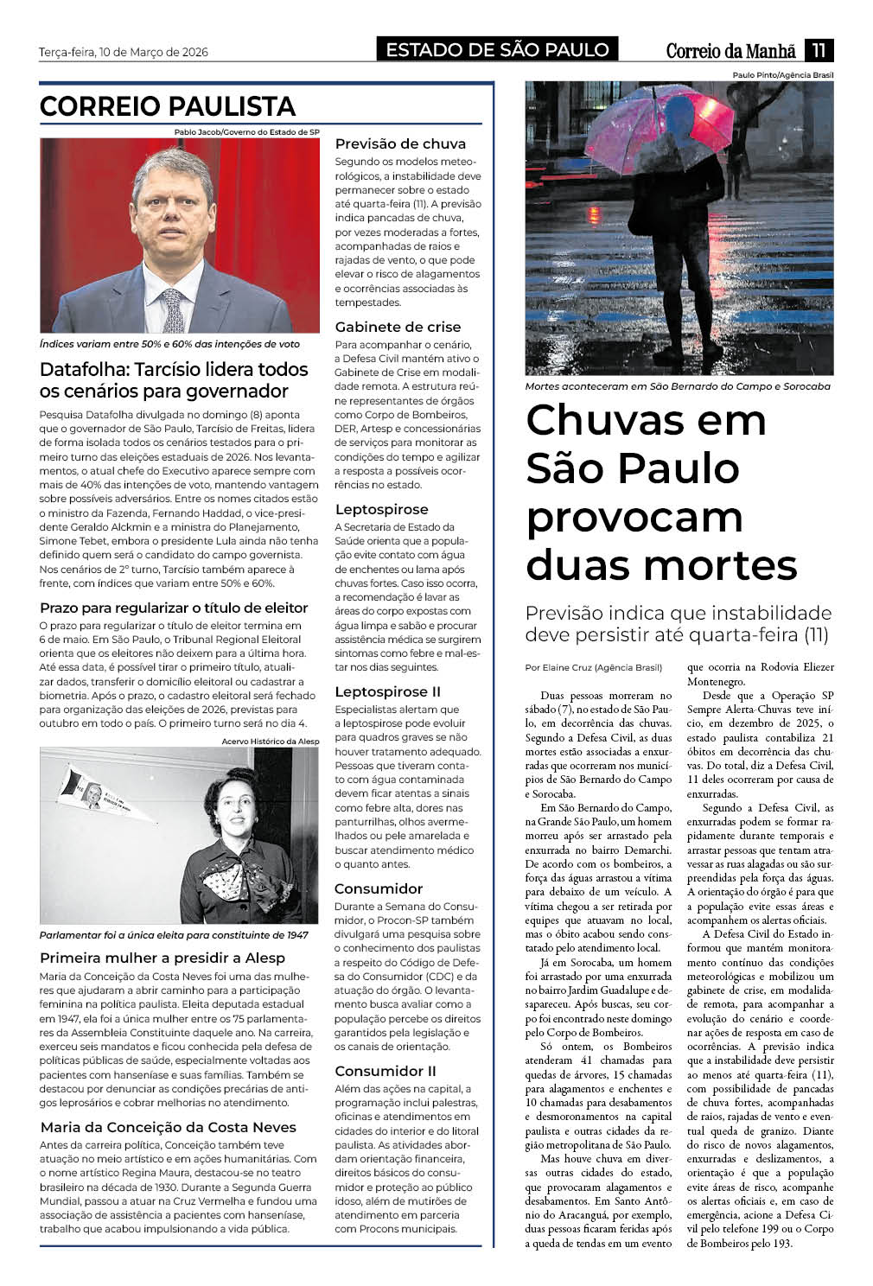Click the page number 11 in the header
click(819, 50)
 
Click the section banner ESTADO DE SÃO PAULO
click(497, 50)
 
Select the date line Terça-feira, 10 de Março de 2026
click(124, 52)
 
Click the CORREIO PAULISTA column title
click(168, 106)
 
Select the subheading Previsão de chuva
click(400, 143)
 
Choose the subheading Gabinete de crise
click(398, 327)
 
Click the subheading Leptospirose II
click(387, 691)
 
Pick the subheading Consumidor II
click(386, 1071)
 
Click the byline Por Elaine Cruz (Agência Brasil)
click(594, 667)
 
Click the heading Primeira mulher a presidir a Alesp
click(162, 958)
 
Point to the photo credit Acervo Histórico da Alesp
click(270, 742)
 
